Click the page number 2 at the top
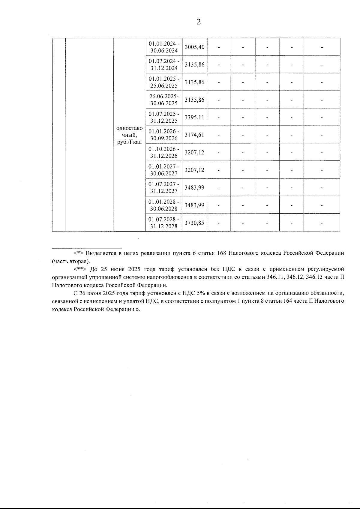(x=198, y=22)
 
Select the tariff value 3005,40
(x=194, y=47)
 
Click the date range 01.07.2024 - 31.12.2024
(x=164, y=64)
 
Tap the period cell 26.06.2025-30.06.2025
(x=164, y=100)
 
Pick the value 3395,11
(x=194, y=117)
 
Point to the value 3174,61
(x=194, y=135)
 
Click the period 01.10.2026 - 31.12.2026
(x=164, y=152)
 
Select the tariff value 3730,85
(x=194, y=223)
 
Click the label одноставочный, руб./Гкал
(x=129, y=135)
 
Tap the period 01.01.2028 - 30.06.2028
(x=164, y=205)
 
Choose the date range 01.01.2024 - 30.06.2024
(x=164, y=47)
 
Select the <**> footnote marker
(x=80, y=269)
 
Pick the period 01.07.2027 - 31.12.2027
(x=164, y=187)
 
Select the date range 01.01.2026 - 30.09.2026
(x=164, y=135)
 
